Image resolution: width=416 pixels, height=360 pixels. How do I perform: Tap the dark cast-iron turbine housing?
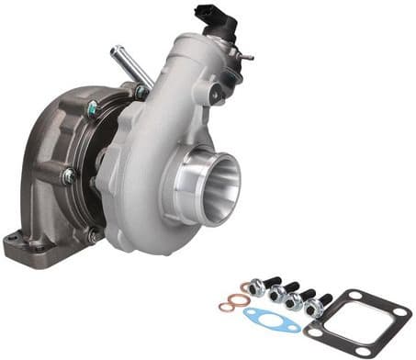coord(55,165)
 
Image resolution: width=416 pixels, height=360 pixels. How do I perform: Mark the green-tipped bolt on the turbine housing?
coord(92,109)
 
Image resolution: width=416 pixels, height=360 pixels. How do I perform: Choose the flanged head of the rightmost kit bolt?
coord(313,309)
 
